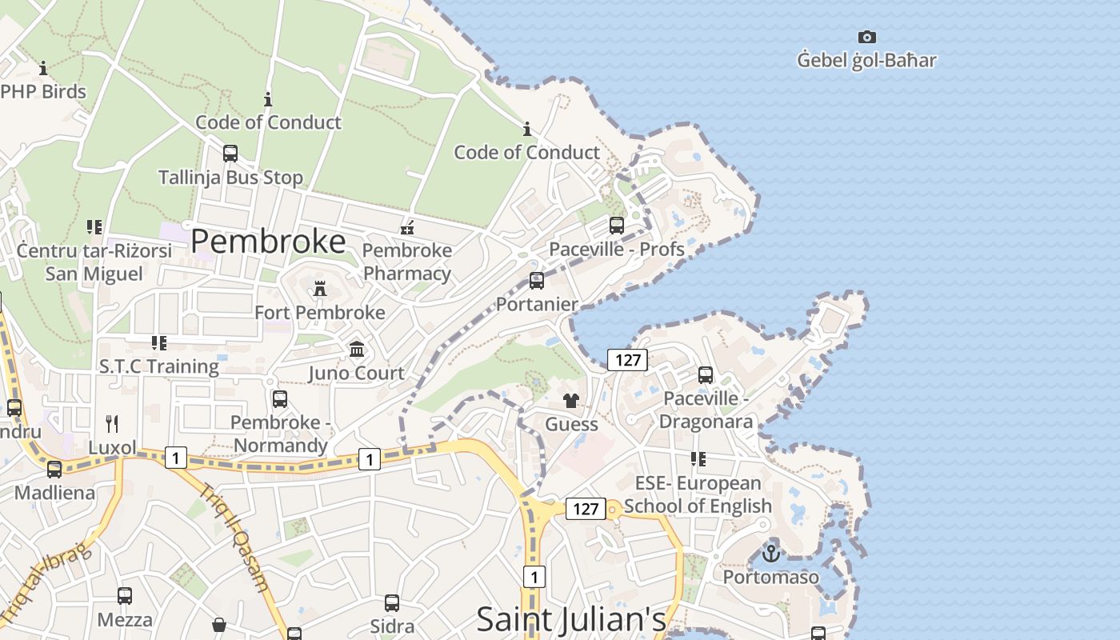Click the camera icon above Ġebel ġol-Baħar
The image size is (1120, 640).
pos(866,37)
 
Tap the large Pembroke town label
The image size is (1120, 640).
pos(268,241)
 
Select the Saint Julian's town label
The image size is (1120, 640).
pos(571,619)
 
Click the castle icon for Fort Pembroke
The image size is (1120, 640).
pos(320,288)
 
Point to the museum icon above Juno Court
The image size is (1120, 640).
pos(357,350)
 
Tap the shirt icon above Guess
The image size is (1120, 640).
pos(570,401)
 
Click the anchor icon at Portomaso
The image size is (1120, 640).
pos(770,553)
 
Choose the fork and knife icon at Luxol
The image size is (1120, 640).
pos(112,423)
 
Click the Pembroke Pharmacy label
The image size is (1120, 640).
pos(407,262)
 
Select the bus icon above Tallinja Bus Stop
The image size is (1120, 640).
pos(230,153)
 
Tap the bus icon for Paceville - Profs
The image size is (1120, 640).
pos(616,226)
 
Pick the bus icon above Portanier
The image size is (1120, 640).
pos(537,281)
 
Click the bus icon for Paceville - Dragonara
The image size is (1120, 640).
pos(706,375)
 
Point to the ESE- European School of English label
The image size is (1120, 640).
pos(698,494)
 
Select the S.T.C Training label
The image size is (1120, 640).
pos(159,366)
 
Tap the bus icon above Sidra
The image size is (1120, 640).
pos(392,602)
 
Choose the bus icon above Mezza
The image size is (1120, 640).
pos(125,596)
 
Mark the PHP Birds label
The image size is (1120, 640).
pos(43,91)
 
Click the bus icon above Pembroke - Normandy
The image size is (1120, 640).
pos(280,398)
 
